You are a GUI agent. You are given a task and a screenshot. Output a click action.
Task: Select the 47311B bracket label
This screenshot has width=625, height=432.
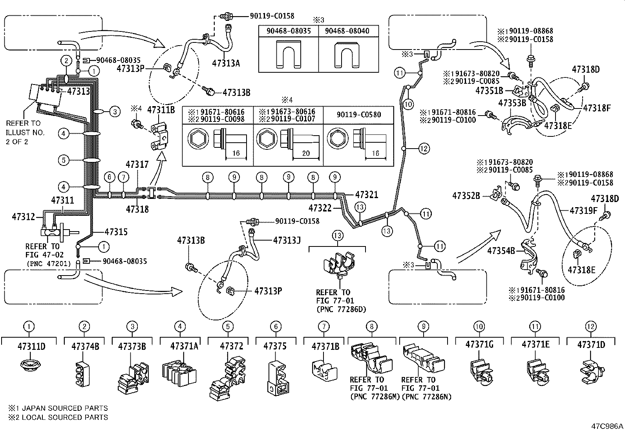click(x=161, y=109)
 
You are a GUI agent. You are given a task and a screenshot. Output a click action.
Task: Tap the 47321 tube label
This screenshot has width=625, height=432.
click(x=366, y=195)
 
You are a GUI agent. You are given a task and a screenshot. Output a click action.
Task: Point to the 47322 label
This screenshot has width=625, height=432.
click(x=320, y=208)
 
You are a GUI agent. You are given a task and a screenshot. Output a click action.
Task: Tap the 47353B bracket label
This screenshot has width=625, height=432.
click(x=512, y=103)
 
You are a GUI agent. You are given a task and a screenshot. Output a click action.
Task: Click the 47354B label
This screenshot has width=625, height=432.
click(x=501, y=250)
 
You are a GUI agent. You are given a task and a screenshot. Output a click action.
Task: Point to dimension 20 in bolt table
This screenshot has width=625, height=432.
click(x=306, y=154)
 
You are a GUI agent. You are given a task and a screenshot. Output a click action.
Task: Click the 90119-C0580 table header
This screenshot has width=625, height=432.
click(x=358, y=114)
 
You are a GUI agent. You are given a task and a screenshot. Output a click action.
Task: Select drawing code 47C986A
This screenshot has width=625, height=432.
click(x=608, y=426)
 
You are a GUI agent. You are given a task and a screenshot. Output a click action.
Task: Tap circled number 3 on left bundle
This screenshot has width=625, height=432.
click(x=114, y=112)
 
